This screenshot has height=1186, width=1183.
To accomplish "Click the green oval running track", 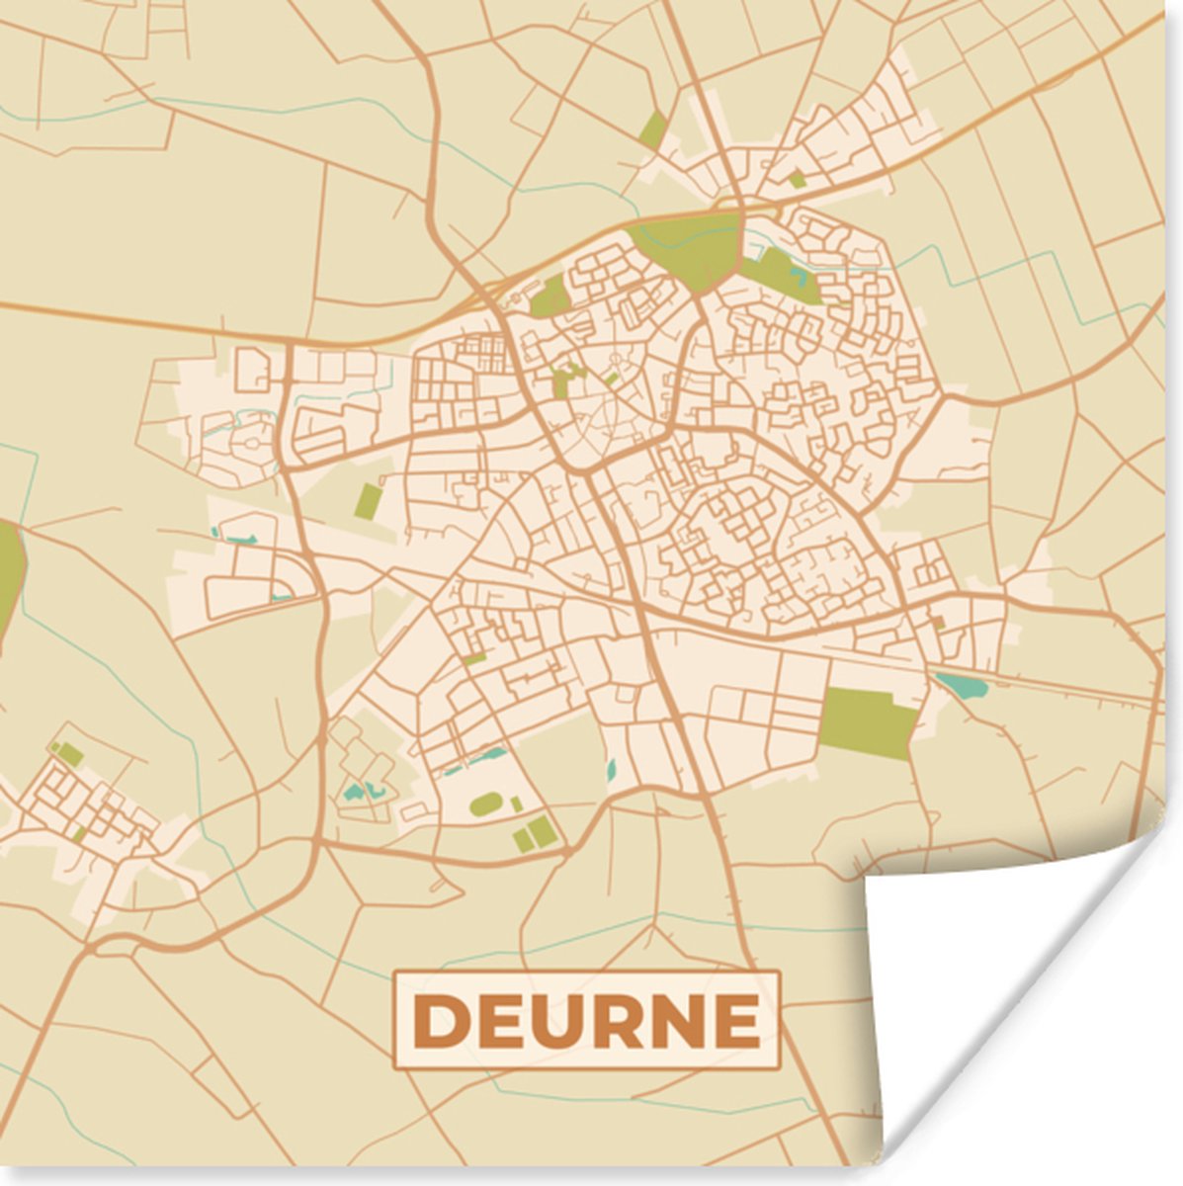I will click(485, 805).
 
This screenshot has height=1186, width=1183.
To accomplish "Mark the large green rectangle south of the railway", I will click(867, 721).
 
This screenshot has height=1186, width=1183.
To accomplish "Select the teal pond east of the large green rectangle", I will click(958, 684).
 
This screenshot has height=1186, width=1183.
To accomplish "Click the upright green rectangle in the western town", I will click(369, 501).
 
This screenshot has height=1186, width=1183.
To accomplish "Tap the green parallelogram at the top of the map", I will click(652, 129).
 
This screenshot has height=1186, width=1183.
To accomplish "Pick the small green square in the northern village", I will click(797, 180).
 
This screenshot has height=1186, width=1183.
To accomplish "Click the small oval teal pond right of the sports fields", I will click(611, 769).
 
